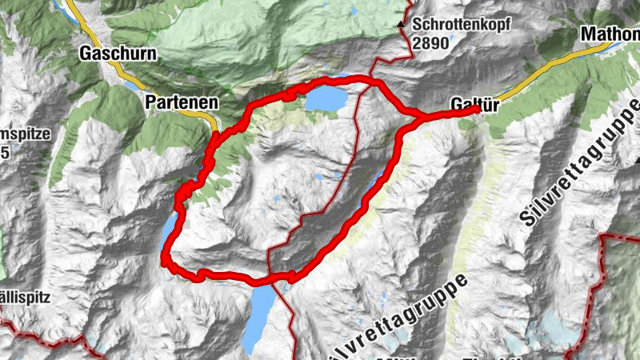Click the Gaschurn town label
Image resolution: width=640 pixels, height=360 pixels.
118,54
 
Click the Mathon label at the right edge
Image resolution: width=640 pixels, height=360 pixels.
610,34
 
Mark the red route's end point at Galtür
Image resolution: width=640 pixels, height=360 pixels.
476,109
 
